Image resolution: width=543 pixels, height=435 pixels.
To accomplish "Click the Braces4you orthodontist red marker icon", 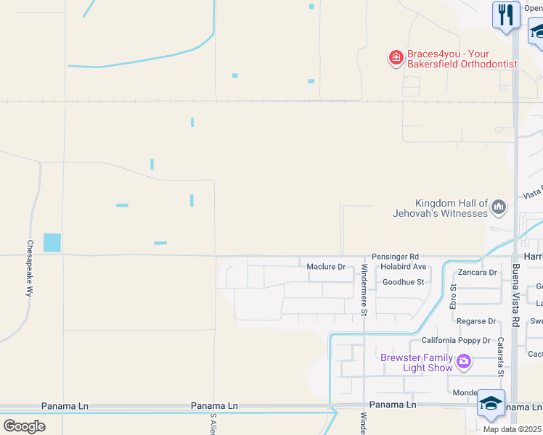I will (396, 57).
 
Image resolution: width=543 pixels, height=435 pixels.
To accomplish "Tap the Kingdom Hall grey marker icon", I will (499, 208).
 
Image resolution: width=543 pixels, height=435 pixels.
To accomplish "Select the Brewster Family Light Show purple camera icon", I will (464, 360).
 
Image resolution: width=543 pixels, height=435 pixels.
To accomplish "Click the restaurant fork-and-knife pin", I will (505, 14).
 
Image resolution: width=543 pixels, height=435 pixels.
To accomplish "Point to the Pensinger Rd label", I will (395, 257).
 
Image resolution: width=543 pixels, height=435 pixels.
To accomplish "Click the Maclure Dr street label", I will (326, 267).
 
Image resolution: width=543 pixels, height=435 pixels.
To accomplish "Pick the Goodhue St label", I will (403, 281).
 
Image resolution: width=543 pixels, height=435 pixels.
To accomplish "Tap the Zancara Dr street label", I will (478, 273).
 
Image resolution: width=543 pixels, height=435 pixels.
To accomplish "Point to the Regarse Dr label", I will (476, 321).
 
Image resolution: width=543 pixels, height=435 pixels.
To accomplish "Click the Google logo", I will (24, 426).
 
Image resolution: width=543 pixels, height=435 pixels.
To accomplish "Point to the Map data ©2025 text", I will (513, 429).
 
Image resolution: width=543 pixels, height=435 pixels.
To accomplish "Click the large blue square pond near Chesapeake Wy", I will (52, 242).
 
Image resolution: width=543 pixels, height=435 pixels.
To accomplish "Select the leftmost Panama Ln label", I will (65, 406).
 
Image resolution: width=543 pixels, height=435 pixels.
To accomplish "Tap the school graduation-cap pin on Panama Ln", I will (491, 403).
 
